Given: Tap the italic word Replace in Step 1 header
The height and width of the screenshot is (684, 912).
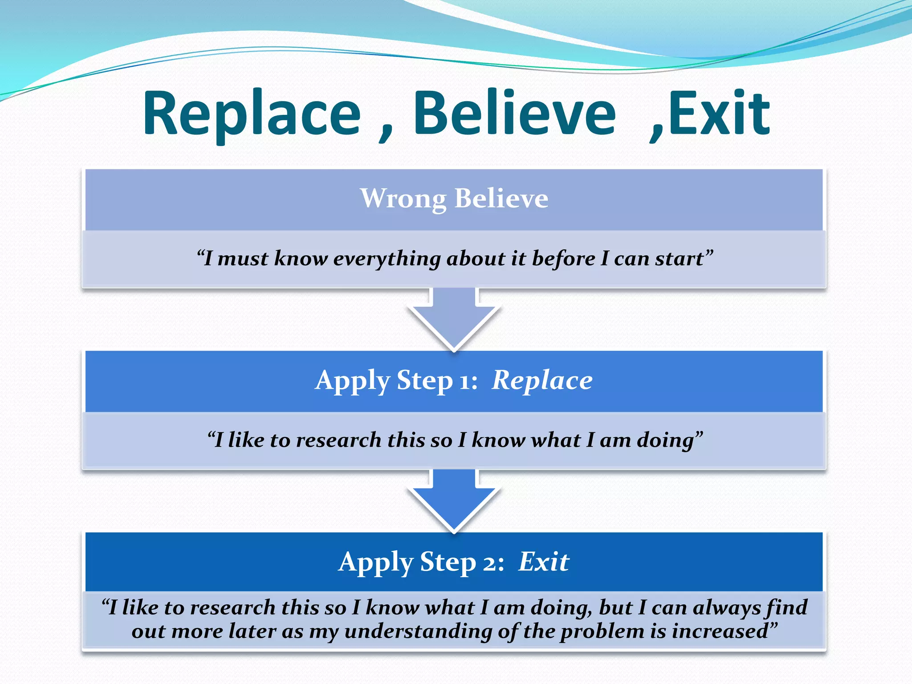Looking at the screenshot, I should pos(542,381).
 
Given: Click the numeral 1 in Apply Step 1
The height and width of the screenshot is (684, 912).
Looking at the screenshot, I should pos(464,382).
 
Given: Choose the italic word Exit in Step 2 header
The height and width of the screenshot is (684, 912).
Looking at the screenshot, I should pos(544,562).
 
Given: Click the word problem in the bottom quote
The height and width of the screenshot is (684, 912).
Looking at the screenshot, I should pos(601,631).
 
